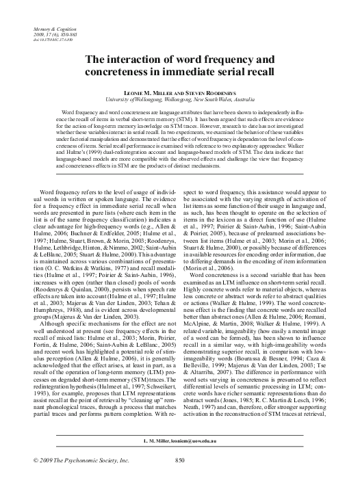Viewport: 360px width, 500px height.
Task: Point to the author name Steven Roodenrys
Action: pyautogui.click(x=207, y=91)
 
